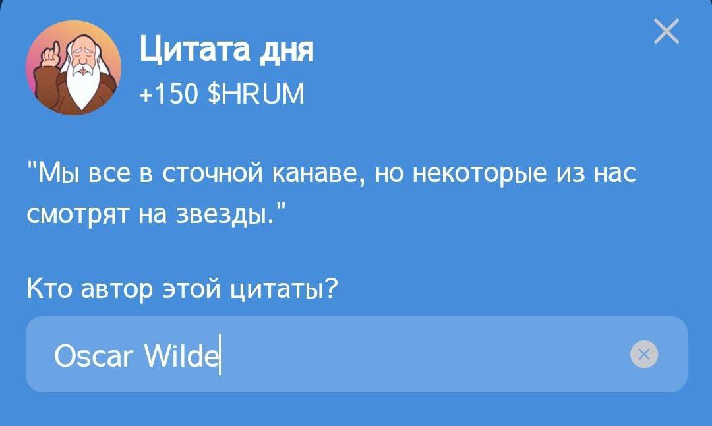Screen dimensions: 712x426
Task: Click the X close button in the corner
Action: [666, 31]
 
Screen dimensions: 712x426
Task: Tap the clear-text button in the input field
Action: [644, 353]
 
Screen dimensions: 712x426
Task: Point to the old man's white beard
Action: [82, 86]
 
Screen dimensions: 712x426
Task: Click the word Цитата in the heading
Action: [194, 49]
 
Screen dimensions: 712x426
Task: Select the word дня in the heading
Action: [285, 50]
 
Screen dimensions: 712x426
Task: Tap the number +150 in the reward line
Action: [169, 94]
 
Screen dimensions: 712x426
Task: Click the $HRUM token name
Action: [255, 94]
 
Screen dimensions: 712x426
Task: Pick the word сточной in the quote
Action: [212, 173]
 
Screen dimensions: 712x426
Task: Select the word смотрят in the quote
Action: [78, 214]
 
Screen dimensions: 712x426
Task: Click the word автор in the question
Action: [117, 289]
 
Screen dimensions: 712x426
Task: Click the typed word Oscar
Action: [94, 355]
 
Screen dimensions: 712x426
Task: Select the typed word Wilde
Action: [181, 355]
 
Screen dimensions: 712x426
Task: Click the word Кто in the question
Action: [49, 288]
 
